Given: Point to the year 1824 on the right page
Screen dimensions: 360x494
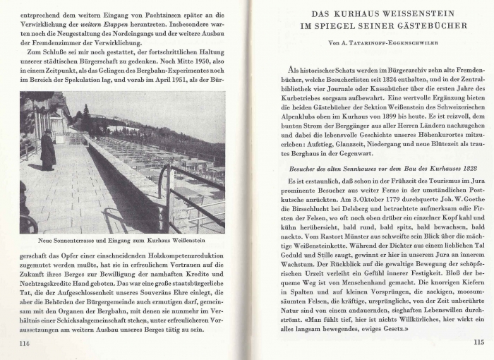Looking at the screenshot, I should coord(400,82).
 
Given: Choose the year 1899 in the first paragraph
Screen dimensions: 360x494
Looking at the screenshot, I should coord(407,112).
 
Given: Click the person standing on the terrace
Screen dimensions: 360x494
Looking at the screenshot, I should coord(48,150).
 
